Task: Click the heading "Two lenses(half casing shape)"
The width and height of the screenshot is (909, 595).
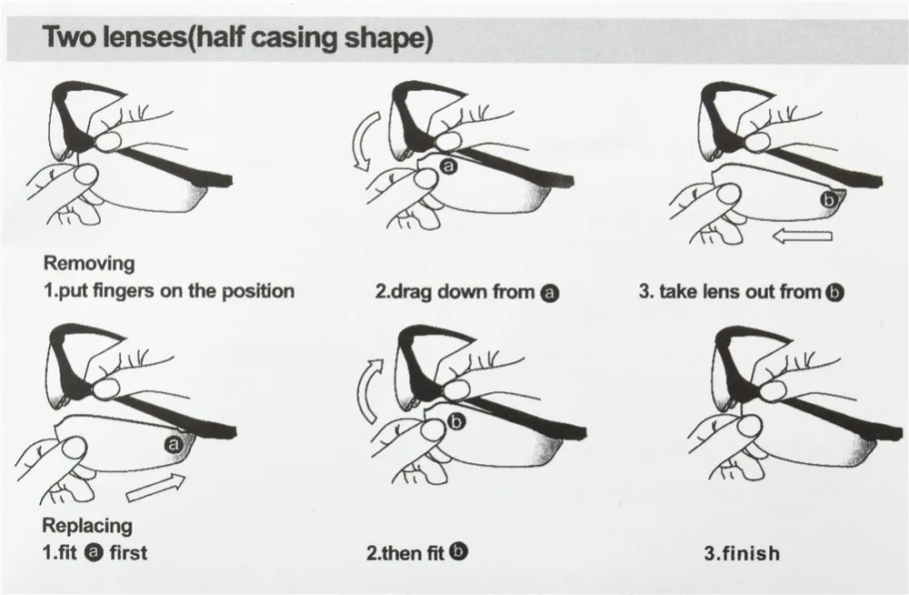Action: (237, 37)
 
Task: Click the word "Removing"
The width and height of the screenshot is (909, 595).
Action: (89, 264)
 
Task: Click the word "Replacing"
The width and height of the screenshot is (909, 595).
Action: (87, 525)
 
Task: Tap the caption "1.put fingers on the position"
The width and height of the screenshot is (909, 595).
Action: (169, 291)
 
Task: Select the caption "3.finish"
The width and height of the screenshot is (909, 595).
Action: (742, 552)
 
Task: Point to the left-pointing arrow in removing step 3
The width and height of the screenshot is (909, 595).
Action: (803, 235)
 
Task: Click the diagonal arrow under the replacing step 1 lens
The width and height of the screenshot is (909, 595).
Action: (156, 487)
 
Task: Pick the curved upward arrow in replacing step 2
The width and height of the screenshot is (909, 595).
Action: (367, 390)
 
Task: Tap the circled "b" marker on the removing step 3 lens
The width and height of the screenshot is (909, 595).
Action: (829, 200)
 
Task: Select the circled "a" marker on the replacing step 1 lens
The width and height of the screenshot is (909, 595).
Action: (174, 445)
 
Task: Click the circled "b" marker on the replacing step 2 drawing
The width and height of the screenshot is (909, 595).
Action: (457, 422)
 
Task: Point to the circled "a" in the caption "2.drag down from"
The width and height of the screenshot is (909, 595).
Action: (550, 293)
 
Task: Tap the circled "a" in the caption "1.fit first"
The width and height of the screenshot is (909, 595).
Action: (94, 552)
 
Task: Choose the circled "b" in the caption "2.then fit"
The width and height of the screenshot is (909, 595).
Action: (458, 551)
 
